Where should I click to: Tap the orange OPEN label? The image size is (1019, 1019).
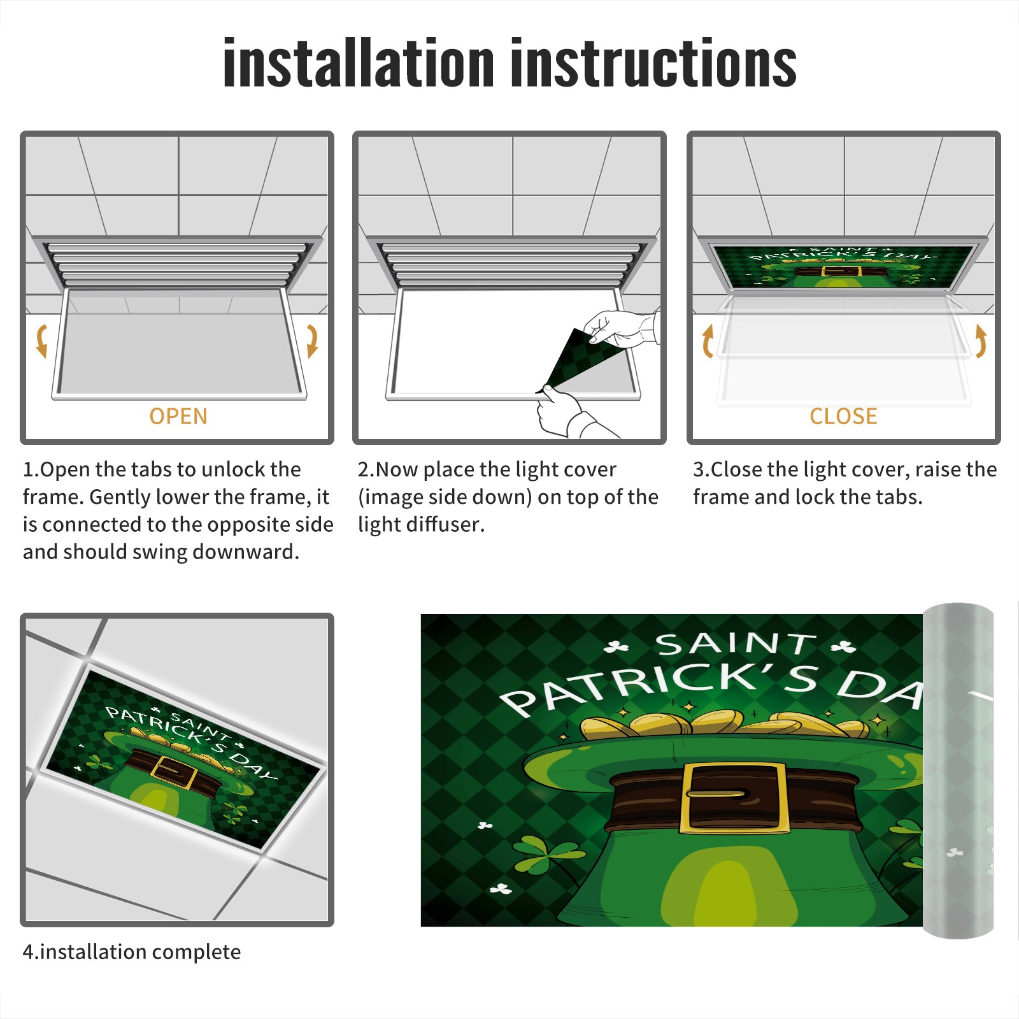click(178, 417)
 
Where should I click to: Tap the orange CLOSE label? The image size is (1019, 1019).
click(843, 417)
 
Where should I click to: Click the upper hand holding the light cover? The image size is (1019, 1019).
click(621, 328)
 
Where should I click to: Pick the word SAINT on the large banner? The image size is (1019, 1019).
click(736, 644)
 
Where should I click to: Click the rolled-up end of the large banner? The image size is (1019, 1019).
click(958, 771)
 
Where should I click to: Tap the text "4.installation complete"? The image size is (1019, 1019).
click(132, 952)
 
